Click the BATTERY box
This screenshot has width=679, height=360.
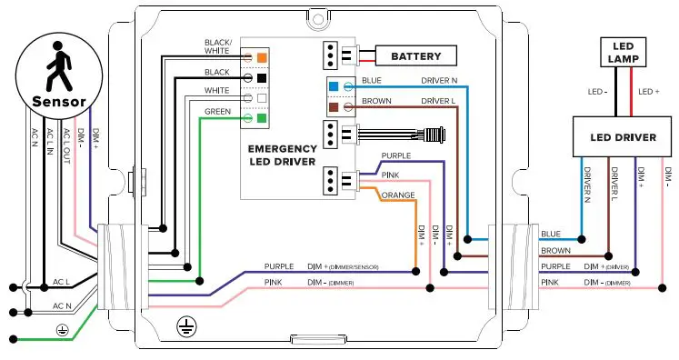coord(415,56)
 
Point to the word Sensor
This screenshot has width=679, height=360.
coord(58,101)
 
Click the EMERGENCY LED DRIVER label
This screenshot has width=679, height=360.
coord(283,155)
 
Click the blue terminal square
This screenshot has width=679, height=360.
coord(335,87)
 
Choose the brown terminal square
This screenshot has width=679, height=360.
coord(335,107)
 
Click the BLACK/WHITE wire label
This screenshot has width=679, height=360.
coord(218,46)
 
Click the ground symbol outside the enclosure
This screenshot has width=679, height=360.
coord(62,329)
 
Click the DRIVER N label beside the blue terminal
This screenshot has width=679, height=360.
coord(439,81)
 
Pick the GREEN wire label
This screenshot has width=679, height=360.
coord(217,112)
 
